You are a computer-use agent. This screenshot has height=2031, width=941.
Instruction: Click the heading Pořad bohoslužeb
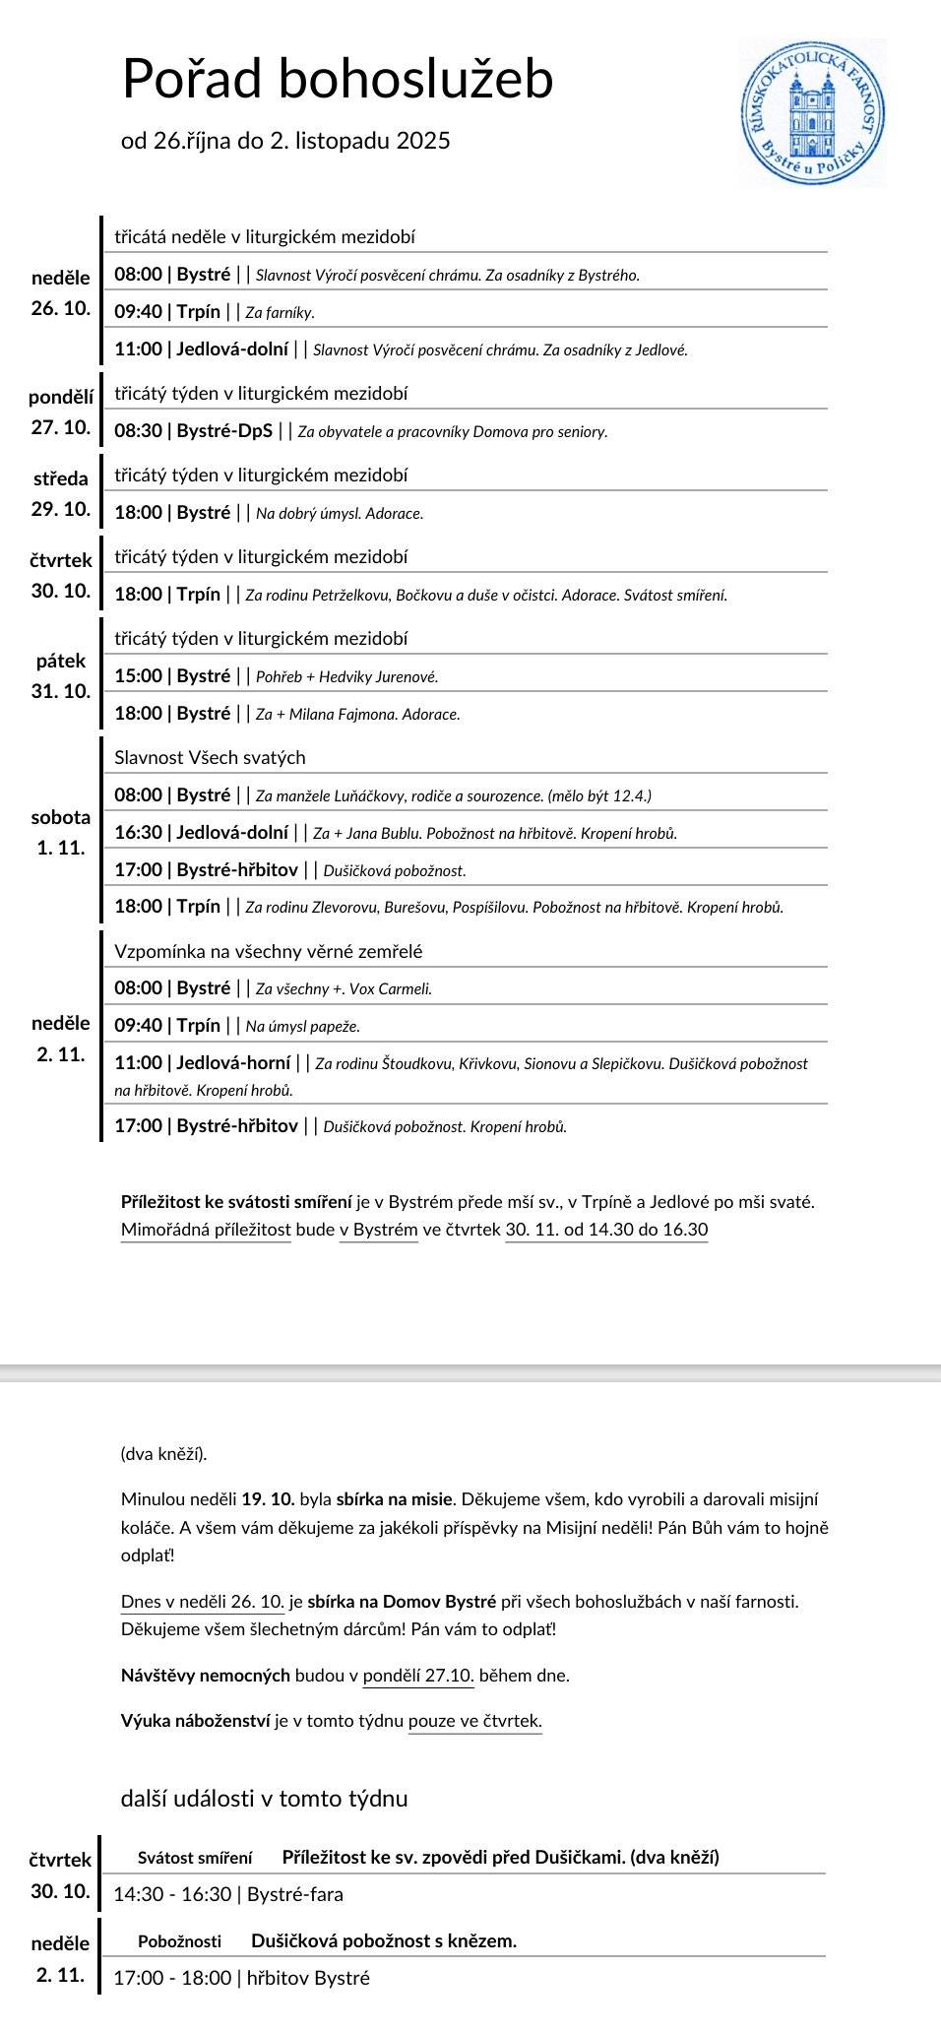(x=338, y=79)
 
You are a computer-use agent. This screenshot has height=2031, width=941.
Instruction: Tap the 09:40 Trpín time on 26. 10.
(x=167, y=312)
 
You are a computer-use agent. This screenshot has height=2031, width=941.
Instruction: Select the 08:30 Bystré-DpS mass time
(x=193, y=431)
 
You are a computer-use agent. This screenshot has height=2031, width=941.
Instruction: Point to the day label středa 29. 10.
(x=61, y=493)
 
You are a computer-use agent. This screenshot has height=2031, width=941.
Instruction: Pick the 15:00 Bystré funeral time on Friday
(x=172, y=676)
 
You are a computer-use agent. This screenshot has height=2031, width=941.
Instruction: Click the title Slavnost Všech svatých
(x=210, y=757)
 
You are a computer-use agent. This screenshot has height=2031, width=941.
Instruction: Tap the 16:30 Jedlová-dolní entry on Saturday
(x=201, y=833)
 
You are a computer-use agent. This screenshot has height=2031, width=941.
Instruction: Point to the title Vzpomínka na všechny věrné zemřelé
(x=268, y=951)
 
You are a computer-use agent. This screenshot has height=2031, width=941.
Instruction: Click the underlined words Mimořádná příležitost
(x=206, y=1230)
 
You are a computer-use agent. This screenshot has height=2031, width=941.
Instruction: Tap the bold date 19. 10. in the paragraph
(x=268, y=1499)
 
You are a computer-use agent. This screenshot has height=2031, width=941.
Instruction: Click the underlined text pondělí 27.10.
(x=418, y=1675)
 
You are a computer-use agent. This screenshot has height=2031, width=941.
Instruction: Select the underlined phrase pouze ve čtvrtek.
(x=474, y=1721)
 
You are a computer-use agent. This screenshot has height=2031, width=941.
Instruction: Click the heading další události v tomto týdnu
(x=264, y=1799)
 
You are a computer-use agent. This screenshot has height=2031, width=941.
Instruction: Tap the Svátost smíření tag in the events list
(x=195, y=1858)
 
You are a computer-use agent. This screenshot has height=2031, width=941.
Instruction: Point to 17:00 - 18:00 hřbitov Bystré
(x=241, y=1978)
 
